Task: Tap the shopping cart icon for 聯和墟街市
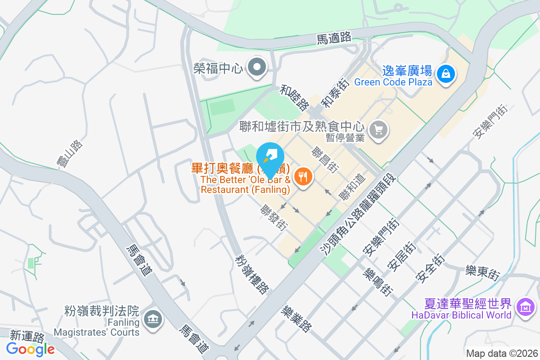(x=378, y=130)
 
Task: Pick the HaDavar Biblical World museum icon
(x=525, y=307)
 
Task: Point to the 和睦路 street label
(x=293, y=96)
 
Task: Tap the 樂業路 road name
(x=296, y=319)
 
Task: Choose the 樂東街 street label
(x=482, y=273)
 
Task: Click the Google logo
(x=30, y=349)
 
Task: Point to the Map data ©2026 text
(x=501, y=353)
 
